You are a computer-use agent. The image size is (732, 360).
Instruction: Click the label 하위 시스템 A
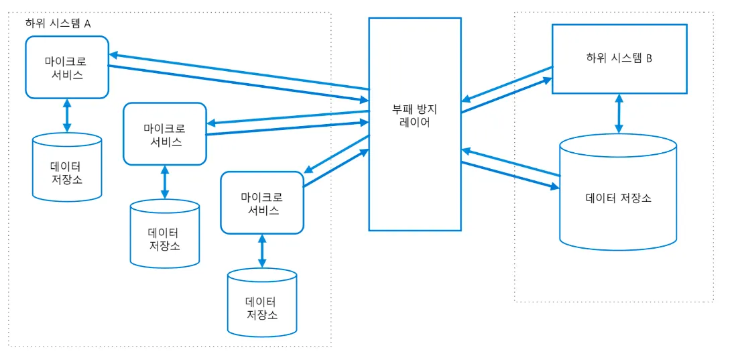(x=58, y=23)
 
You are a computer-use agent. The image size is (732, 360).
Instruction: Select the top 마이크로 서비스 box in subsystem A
(x=67, y=67)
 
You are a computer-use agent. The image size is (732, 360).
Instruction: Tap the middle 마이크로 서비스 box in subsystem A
(x=165, y=133)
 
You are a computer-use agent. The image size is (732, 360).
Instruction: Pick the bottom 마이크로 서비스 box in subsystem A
(x=261, y=202)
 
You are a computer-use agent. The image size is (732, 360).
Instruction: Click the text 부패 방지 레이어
(x=414, y=115)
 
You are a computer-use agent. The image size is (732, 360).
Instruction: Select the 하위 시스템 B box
(x=619, y=58)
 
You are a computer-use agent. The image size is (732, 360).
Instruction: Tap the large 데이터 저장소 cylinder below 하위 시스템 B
(x=618, y=198)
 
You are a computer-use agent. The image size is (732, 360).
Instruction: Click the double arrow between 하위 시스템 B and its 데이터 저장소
(x=619, y=113)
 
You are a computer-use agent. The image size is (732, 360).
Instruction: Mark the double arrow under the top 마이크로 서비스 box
(x=67, y=116)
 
